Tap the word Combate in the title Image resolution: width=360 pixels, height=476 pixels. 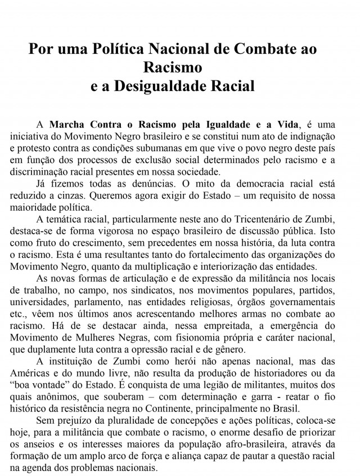tap(250, 48)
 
